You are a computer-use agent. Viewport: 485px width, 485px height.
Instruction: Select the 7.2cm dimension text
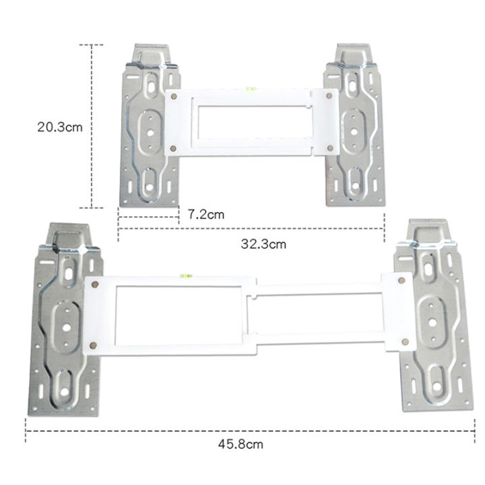[x=205, y=214]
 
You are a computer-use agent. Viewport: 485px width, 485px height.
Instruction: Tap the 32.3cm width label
[x=263, y=244]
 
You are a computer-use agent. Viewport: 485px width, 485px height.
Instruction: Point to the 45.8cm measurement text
[x=240, y=443]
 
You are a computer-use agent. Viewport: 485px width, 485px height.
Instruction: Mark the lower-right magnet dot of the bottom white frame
[x=404, y=343]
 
